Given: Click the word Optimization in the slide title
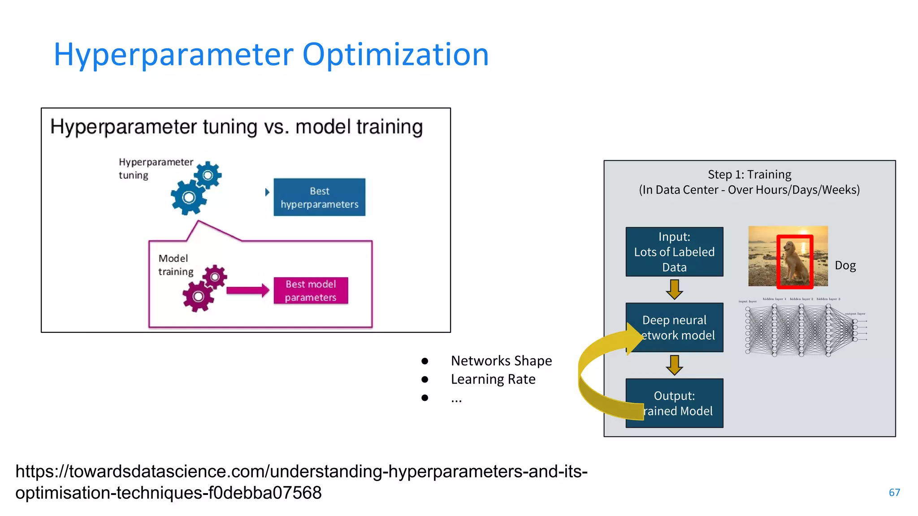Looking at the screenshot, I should pos(395,55).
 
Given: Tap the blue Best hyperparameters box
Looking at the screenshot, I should pos(319,198).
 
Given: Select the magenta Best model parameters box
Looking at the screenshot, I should pos(311,291).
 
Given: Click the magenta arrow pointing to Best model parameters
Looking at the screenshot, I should pos(247,291).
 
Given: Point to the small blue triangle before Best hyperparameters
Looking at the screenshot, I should pos(267,192).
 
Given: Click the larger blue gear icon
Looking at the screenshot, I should pos(189,198).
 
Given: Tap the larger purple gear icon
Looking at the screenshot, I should pos(198,296).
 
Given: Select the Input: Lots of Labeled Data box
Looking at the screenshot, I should pos(674,252).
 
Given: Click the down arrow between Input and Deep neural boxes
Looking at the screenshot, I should pos(674,289).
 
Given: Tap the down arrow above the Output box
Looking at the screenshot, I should pos(674,365).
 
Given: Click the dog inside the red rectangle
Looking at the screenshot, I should pos(794,262).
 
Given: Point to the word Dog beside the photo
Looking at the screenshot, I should pos(845,266).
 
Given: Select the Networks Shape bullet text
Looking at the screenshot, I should pos(501,361).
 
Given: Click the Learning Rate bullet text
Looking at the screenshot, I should pos(493,379).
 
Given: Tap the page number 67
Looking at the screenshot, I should pos(894,493).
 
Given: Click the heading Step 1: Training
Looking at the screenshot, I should pos(749,174).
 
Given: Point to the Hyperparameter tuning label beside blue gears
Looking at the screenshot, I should pos(155,168).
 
